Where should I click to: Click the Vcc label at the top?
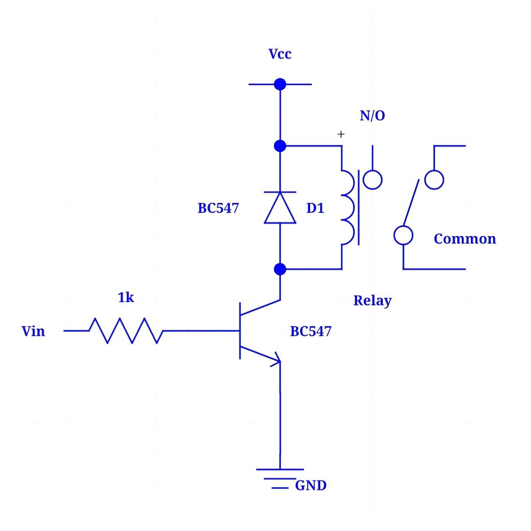(280, 54)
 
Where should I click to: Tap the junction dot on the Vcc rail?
(280, 84)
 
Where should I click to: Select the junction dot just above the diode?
(280, 146)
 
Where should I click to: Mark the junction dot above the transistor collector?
(280, 269)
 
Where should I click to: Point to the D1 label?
(315, 208)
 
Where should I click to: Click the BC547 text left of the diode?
(218, 208)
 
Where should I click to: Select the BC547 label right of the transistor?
(311, 331)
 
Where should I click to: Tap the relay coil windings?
(348, 207)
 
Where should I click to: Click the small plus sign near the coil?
(341, 134)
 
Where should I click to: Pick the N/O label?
(372, 116)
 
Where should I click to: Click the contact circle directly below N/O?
(373, 180)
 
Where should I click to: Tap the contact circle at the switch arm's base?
(403, 235)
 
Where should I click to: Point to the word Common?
(465, 239)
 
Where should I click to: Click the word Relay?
(372, 301)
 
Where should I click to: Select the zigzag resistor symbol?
(126, 331)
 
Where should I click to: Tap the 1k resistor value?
(126, 297)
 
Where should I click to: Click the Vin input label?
(33, 331)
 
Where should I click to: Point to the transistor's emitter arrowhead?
(276, 361)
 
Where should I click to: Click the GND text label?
(311, 485)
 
